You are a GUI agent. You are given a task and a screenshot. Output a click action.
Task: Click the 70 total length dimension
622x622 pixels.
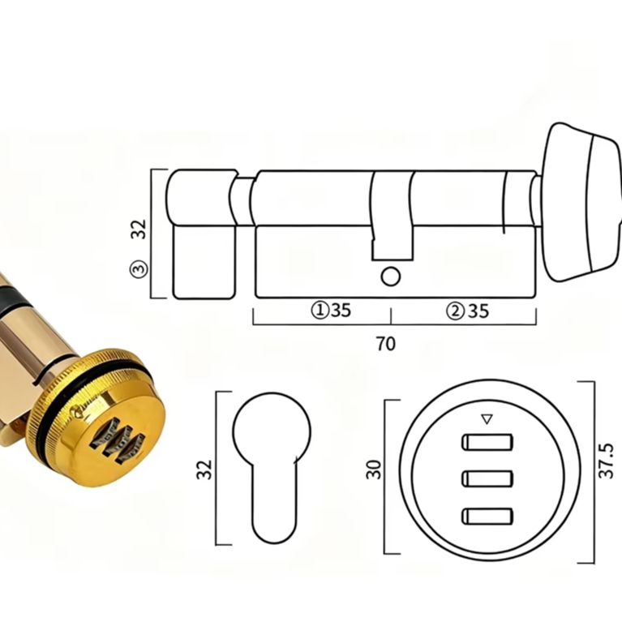[x=385, y=344]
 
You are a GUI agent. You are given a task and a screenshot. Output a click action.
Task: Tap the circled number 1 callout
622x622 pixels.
[x=320, y=311]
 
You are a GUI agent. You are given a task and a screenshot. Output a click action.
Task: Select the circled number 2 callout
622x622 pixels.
[x=456, y=311]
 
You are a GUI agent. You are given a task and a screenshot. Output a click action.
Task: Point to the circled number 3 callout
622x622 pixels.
[x=139, y=268]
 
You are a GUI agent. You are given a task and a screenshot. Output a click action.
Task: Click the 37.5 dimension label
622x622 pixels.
[x=606, y=461]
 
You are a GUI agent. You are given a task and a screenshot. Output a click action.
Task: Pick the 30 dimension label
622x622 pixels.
[x=374, y=470]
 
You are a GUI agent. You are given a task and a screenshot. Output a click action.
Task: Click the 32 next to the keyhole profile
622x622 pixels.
[x=204, y=470]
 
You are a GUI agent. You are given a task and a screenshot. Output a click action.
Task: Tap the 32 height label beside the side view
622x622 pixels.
[x=139, y=229]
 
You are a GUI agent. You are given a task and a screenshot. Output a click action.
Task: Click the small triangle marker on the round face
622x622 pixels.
[x=487, y=419]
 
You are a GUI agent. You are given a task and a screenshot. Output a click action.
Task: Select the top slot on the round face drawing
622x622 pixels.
[x=487, y=442]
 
